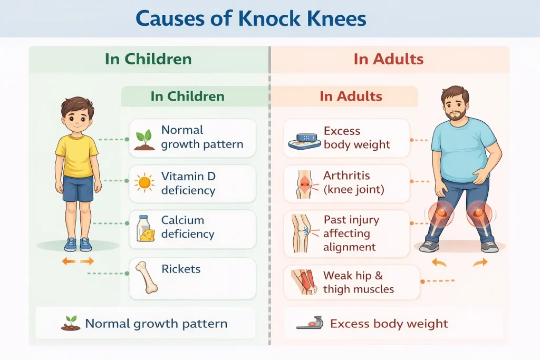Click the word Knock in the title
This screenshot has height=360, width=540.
tap(269, 18)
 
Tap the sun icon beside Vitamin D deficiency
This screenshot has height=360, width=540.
tap(144, 182)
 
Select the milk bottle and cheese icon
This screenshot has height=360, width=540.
tap(146, 229)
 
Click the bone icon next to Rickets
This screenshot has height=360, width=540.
tap(147, 277)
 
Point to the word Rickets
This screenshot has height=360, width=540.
tap(181, 269)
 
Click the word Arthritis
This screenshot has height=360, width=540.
tap(346, 176)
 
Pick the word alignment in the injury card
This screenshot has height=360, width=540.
tap(349, 247)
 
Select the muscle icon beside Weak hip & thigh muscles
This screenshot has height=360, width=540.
tap(304, 282)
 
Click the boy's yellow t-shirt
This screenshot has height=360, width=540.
tap(77, 155)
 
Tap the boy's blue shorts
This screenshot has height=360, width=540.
tap(78, 188)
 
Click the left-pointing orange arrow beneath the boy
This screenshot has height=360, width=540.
tap(69, 261)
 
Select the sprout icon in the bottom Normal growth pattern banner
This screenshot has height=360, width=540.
tap(71, 324)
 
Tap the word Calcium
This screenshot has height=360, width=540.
tap(182, 220)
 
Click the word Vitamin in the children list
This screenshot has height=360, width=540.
tap(183, 176)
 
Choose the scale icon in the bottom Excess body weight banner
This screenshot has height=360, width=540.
tap(310, 323)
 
